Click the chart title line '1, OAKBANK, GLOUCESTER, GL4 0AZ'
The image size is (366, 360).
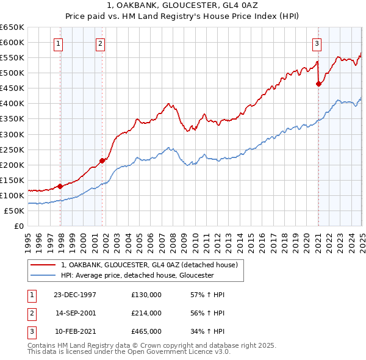pyautogui.click(x=182, y=7)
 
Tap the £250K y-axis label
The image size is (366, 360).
pyautogui.click(x=12, y=149)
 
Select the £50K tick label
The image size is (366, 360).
pyautogui.click(x=15, y=211)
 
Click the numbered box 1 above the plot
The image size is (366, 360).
pyautogui.click(x=58, y=43)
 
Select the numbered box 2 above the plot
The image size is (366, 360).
pyautogui.click(x=99, y=43)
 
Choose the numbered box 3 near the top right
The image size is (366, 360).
pyautogui.click(x=317, y=43)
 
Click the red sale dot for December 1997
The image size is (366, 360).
pyautogui.click(x=60, y=186)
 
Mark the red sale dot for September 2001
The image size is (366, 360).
pyautogui.click(x=102, y=160)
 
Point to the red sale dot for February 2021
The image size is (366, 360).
pyautogui.click(x=318, y=84)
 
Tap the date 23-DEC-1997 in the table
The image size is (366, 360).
pyautogui.click(x=75, y=295)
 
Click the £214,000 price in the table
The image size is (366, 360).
pyautogui.click(x=146, y=313)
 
